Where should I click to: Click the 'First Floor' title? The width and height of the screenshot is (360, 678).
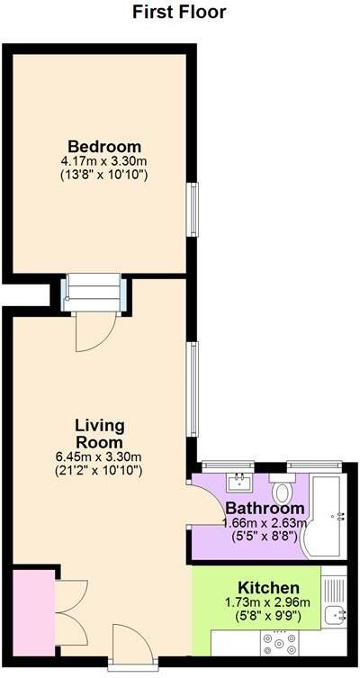179,12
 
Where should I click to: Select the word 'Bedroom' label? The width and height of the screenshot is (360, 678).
104,147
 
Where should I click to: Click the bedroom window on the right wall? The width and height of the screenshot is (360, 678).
192,210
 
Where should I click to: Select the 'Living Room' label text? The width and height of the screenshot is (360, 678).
99,433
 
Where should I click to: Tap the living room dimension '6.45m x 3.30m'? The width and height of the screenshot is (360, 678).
99,456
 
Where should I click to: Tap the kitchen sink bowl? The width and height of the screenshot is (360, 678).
337,616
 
